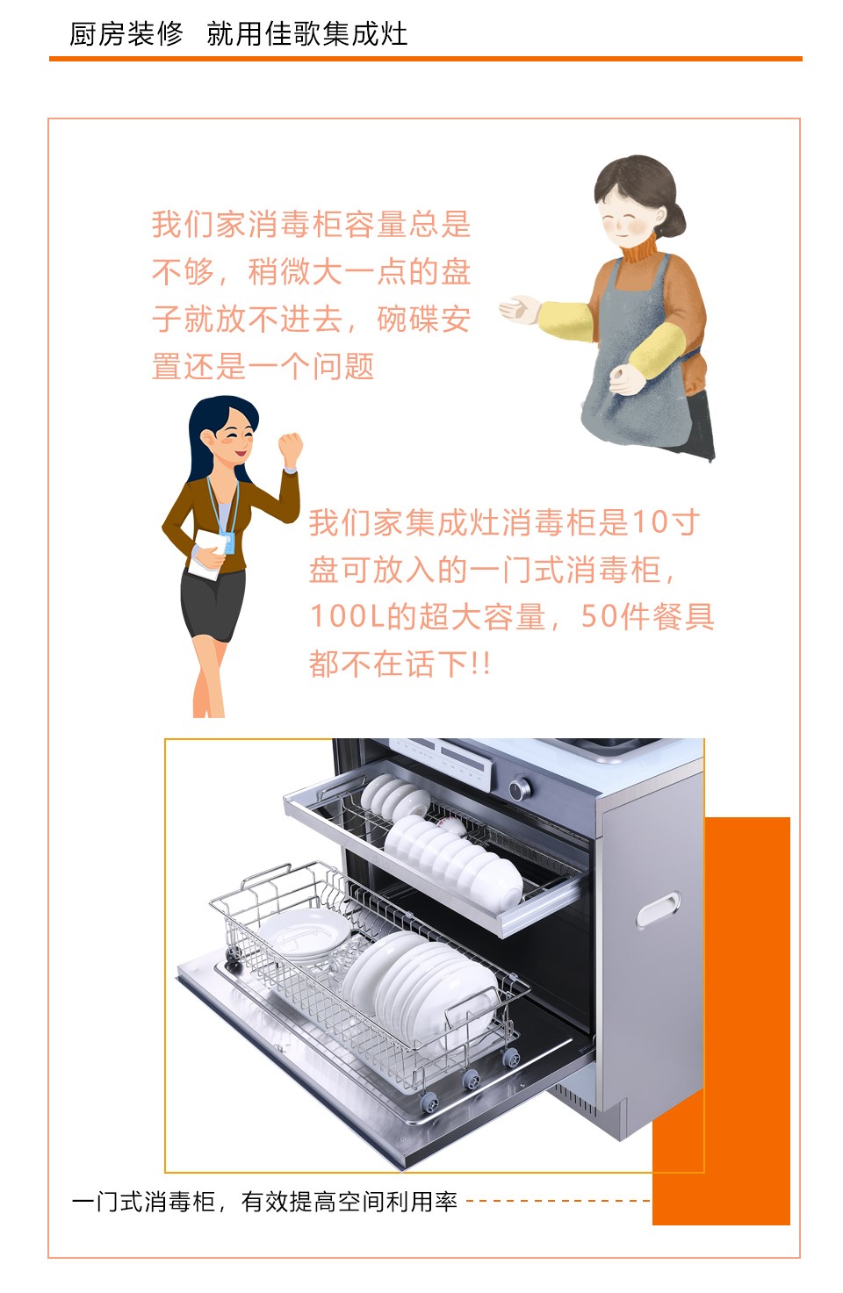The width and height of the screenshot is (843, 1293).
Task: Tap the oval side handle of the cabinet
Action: [x=658, y=909]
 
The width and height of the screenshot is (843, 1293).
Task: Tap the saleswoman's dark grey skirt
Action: [x=212, y=603]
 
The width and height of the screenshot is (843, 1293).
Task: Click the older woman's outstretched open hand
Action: [x=519, y=309]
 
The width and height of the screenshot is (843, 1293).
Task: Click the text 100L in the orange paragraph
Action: [x=348, y=616]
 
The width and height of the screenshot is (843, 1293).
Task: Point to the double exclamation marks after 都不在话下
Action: [x=480, y=664]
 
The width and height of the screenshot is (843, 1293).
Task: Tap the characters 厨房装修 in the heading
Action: [x=126, y=33]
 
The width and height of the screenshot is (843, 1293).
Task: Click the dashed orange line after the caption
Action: [x=558, y=1201]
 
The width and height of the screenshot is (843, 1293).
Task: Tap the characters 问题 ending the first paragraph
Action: [x=343, y=366]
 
